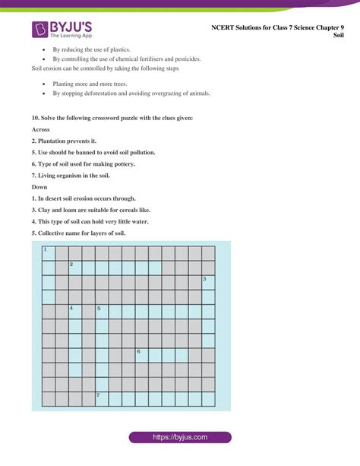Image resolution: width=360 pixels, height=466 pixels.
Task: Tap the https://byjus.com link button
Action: tap(179, 437)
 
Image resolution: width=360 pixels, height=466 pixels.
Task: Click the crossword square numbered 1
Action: tap(49, 253)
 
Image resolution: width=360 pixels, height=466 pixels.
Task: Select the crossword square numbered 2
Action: tap(75, 268)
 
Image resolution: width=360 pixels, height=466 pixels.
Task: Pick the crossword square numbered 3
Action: tap(207, 282)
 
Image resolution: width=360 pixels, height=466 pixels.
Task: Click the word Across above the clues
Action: tap(41, 130)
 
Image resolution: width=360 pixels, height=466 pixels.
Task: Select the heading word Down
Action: tap(39, 187)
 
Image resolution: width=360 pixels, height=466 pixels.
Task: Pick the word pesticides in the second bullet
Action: tap(187, 59)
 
